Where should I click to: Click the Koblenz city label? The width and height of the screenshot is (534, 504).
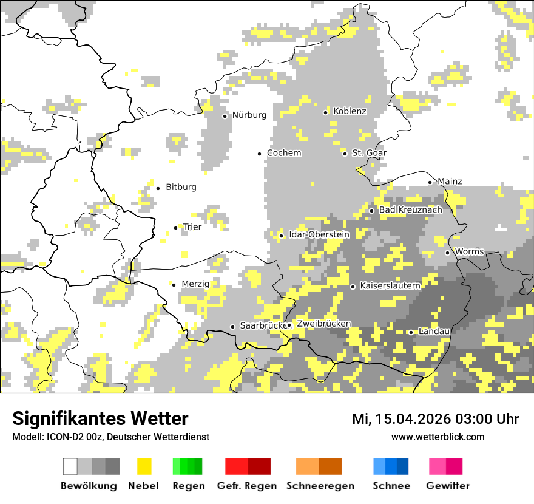click(x=350, y=111)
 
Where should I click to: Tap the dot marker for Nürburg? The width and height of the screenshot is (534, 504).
click(x=225, y=115)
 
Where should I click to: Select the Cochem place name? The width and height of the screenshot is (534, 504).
click(x=284, y=153)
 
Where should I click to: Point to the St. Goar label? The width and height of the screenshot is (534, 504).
click(x=369, y=153)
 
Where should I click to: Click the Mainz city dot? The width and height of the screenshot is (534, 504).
click(x=430, y=182)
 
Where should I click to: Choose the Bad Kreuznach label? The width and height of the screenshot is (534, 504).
click(x=410, y=210)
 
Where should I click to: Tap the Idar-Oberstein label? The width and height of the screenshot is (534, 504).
click(x=319, y=234)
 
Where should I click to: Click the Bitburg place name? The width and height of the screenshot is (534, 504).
click(x=181, y=187)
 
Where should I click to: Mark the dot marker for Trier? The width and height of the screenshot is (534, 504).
click(x=176, y=228)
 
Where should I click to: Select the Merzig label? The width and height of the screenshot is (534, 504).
click(x=195, y=284)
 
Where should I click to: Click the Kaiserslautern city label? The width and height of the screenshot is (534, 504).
click(x=390, y=285)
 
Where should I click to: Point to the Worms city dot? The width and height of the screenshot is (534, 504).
click(x=448, y=253)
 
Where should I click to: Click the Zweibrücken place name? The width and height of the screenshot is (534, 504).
click(x=323, y=324)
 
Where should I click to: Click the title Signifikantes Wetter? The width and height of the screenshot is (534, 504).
click(x=100, y=419)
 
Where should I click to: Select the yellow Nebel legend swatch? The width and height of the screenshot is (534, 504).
click(x=144, y=466)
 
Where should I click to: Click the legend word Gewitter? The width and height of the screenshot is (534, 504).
click(x=448, y=486)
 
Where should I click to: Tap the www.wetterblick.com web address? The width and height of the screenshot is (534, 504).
click(x=438, y=437)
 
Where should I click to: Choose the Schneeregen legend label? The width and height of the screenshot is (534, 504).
click(x=320, y=486)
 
